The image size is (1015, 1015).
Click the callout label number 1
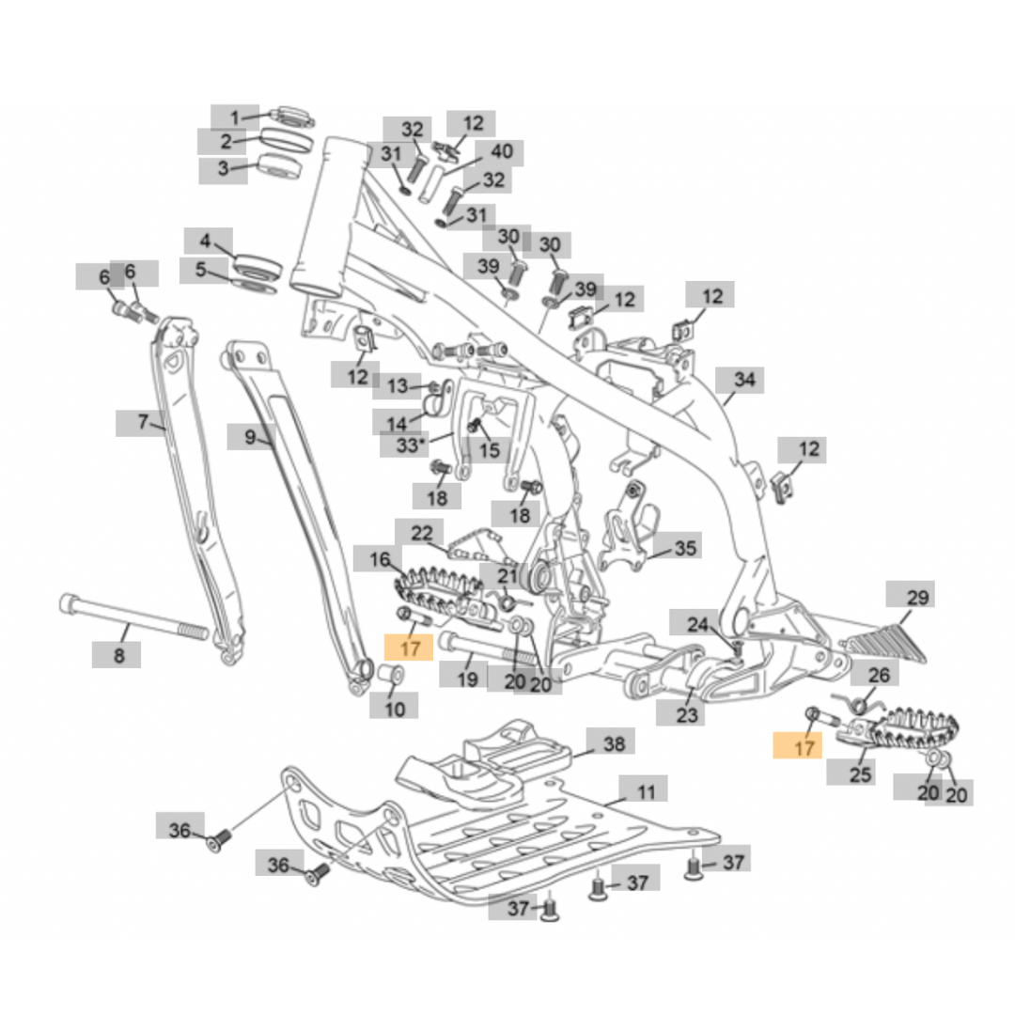(x=236, y=117)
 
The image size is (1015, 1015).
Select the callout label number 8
(x=118, y=655)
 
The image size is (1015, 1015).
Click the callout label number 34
(x=744, y=380)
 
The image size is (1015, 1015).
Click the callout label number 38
(x=613, y=743)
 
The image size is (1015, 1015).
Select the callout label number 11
(x=646, y=792)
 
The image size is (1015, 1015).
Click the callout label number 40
(x=501, y=152)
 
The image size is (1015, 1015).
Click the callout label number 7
(x=142, y=422)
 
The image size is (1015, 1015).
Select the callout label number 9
(x=250, y=436)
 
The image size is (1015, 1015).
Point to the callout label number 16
(x=379, y=560)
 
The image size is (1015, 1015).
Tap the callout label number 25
(x=861, y=774)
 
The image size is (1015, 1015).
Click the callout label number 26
(x=877, y=675)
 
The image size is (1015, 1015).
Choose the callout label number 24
(x=695, y=624)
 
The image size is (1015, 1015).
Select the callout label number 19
(x=468, y=678)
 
